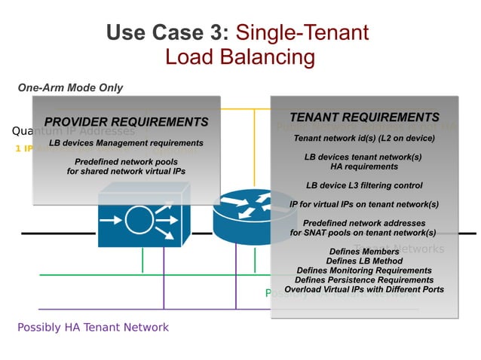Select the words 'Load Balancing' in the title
coord(239,57)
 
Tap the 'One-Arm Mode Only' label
coord(70,87)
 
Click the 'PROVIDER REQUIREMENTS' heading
coord(126,122)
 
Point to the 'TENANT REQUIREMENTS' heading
coord(364,117)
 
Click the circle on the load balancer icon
coord(139,221)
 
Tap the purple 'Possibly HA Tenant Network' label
coord(93,327)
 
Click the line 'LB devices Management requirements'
coord(126,142)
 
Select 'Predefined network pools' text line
coord(126,162)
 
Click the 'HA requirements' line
coord(364,166)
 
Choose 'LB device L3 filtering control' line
coord(364,185)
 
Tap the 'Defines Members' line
coord(364,252)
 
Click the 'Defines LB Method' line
coord(364,261)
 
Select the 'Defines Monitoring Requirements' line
coord(364,270)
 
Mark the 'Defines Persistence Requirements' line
coord(364,279)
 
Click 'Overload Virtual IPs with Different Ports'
coord(364,289)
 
